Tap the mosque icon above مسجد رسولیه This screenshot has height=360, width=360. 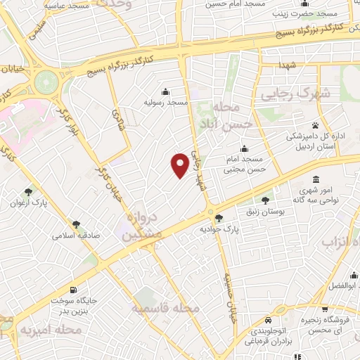pos(165,91)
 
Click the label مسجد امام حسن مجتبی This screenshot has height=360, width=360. pos(243,165)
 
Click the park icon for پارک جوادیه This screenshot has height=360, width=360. pos(219,218)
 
